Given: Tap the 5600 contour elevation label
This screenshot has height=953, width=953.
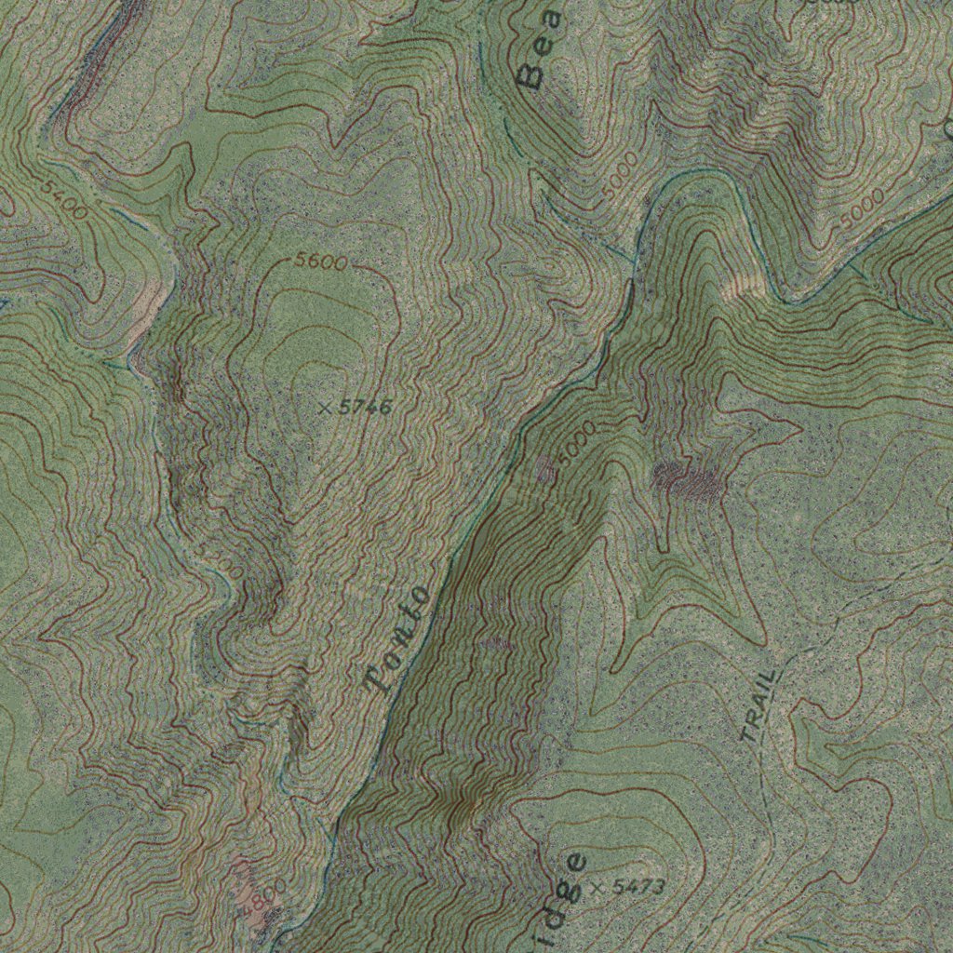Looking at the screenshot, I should coord(320,262).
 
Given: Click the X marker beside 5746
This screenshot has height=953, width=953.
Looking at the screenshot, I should coord(325,408).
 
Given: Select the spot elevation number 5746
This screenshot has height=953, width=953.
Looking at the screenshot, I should coord(365,407).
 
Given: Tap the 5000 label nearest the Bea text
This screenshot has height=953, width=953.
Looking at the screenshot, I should coord(620,174).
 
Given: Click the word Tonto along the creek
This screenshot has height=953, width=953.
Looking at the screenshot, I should coord(398,641).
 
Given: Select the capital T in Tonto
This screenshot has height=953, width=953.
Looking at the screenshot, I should coord(377,684).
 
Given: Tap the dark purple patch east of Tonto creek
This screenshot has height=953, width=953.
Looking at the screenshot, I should coord(690,480).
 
